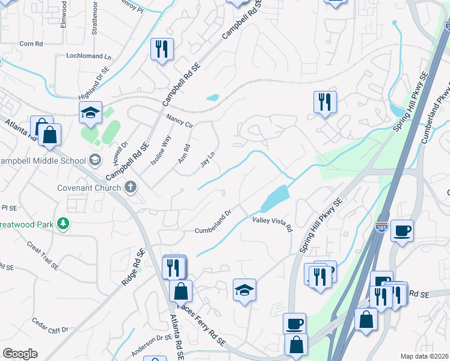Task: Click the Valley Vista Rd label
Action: tap(272, 224)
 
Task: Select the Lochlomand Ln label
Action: tap(83, 57)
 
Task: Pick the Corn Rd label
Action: tap(31, 43)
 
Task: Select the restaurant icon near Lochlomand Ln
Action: tap(161, 49)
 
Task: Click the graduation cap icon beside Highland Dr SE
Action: tap(90, 113)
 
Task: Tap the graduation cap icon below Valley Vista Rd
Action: tap(245, 291)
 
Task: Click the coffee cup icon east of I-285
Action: tap(402, 230)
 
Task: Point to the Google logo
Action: tap(20, 354)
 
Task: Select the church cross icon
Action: tap(130, 187)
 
